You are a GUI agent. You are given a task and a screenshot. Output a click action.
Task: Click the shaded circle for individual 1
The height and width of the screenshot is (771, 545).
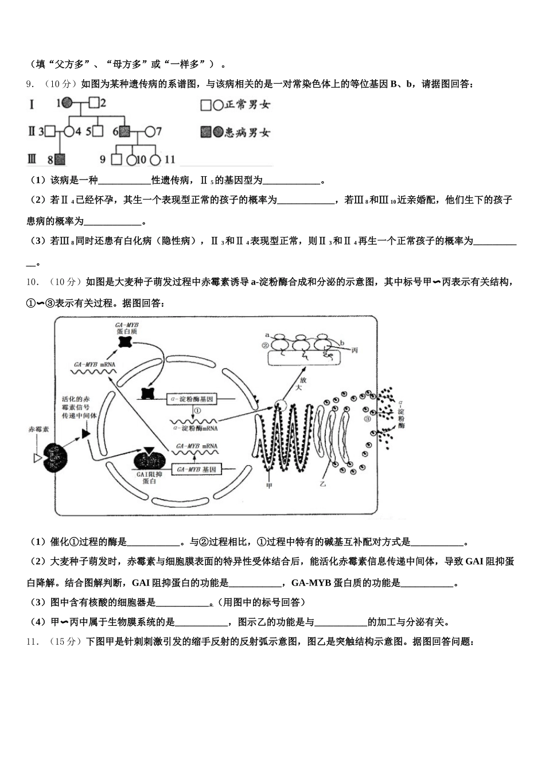pyautogui.click(x=67, y=104)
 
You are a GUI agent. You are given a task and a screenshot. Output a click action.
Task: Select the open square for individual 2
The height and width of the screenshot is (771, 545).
pyautogui.click(x=92, y=104)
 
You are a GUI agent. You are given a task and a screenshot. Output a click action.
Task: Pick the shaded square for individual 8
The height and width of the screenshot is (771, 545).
pyautogui.click(x=59, y=159)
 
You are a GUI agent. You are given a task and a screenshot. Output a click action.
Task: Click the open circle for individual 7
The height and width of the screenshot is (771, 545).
pyautogui.click(x=150, y=131)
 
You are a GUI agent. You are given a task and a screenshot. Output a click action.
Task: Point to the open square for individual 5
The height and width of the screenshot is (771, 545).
pyautogui.click(x=98, y=131)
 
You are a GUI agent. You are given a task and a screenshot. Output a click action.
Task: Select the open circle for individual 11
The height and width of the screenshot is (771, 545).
pyautogui.click(x=156, y=159)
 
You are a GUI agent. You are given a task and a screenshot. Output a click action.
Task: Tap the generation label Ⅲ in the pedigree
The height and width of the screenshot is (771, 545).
pyautogui.click(x=32, y=159)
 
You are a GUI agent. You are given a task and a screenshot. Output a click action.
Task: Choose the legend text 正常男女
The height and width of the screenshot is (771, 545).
pyautogui.click(x=247, y=104)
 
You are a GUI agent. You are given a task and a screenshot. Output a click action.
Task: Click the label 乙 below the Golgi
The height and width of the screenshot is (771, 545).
pyautogui.click(x=322, y=484)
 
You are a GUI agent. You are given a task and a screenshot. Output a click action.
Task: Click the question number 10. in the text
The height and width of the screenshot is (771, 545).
pyautogui.click(x=33, y=282)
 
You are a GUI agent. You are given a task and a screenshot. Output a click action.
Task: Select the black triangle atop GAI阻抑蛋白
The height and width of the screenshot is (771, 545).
pyautogui.click(x=150, y=451)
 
